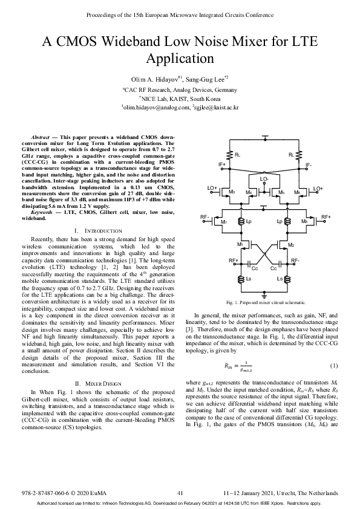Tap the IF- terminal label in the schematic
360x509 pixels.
(309, 164)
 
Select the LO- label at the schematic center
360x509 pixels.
(265, 180)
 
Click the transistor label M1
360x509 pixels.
(240, 244)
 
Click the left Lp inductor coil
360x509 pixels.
(241, 222)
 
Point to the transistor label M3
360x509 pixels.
(231, 192)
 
